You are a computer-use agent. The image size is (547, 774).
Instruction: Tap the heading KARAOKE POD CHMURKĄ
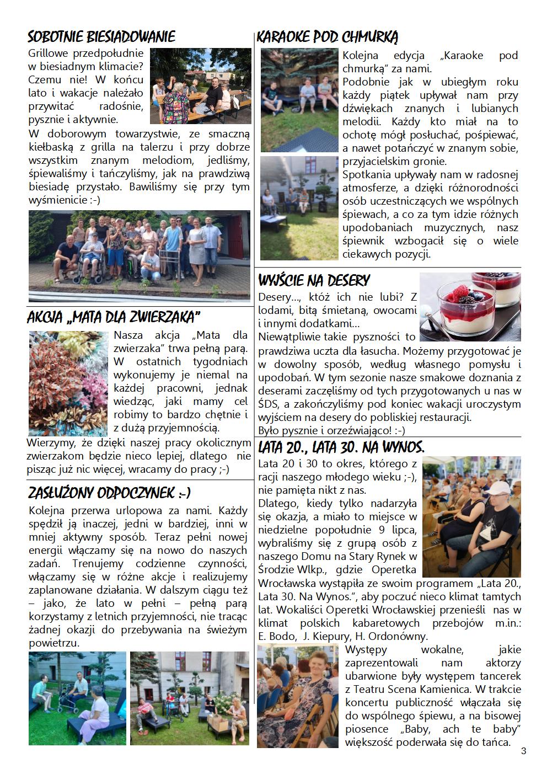(328, 37)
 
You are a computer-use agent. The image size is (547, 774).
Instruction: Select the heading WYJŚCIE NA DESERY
(314, 280)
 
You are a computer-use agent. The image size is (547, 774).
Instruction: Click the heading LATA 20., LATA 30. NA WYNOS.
(341, 446)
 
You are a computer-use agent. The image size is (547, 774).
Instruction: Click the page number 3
(523, 751)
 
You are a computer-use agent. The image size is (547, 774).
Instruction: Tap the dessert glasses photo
(470, 307)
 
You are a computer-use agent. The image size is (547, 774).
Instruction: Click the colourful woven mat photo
(68, 383)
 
